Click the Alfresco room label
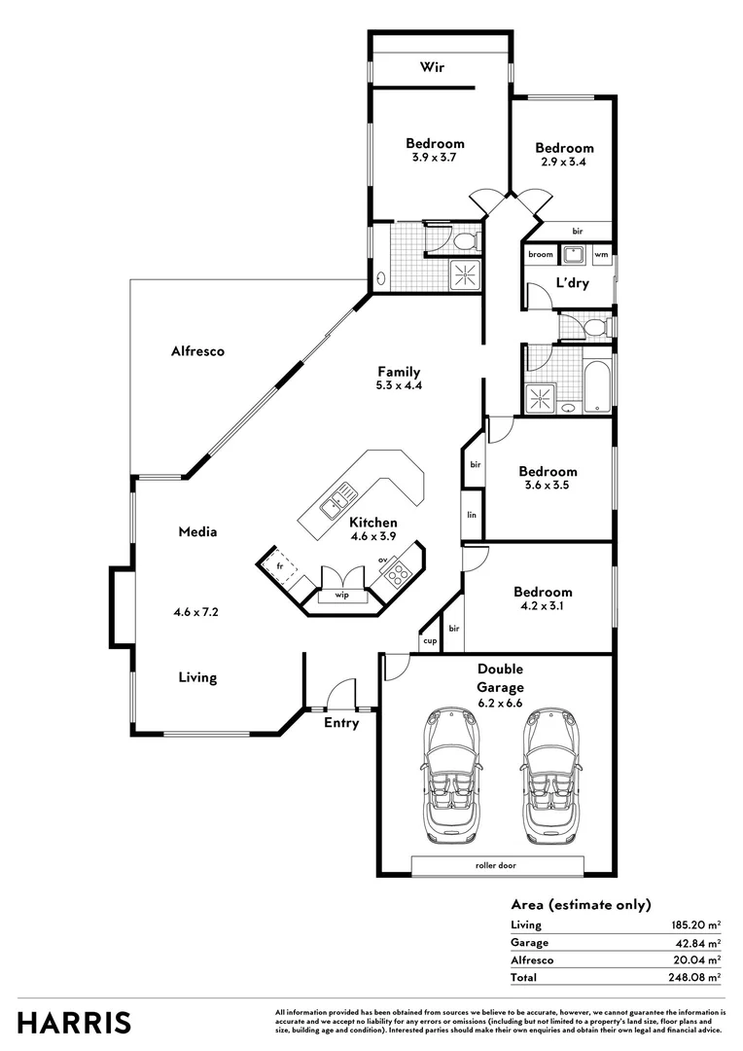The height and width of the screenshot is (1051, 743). pos(197,351)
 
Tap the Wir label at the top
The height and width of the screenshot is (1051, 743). pos(432,67)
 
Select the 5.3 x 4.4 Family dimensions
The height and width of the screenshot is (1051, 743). pos(399,385)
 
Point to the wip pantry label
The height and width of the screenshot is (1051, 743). pos(342,594)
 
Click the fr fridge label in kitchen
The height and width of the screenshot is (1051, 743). pos(279,564)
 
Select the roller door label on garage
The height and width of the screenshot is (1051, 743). pos(497,865)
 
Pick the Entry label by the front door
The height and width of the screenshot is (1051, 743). pos(341,723)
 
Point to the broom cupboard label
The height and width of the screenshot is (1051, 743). pos(541,255)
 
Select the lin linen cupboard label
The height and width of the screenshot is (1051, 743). pos(472,514)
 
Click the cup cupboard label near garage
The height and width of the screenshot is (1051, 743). pos(429,640)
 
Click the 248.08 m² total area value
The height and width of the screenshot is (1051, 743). pos(693,977)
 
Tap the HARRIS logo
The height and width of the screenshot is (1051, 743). pos(74,1023)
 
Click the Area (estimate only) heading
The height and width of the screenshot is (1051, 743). pos(581,904)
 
